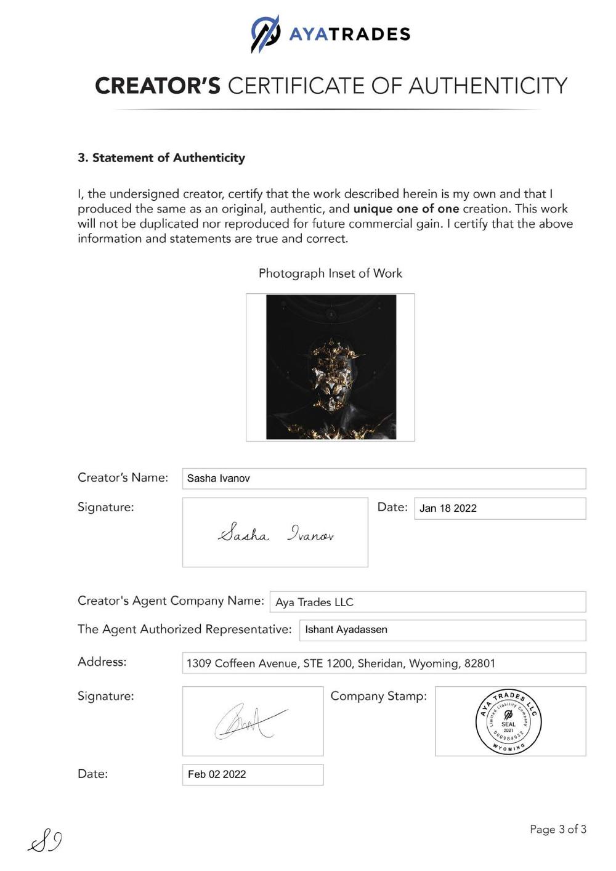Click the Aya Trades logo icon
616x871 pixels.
(265, 33)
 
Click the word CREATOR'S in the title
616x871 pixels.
(157, 86)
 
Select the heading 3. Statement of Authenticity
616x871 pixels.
(161, 158)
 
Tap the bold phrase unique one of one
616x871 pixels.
(406, 209)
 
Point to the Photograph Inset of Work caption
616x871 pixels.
(330, 273)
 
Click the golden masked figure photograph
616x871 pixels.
(331, 367)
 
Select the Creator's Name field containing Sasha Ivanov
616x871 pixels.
(384, 479)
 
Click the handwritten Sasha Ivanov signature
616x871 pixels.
(275, 533)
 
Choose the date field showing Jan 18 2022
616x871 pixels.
(500, 508)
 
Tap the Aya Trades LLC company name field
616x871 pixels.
(428, 602)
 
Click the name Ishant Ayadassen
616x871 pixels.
(346, 630)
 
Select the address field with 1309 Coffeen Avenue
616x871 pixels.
(384, 663)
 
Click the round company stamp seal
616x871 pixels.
(509, 722)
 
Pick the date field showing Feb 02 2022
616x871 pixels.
(253, 774)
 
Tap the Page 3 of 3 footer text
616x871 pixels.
(558, 829)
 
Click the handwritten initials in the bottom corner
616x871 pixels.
(45, 841)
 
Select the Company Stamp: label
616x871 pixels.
(378, 696)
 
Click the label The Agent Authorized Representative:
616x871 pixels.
(184, 629)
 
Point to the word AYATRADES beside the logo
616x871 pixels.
(349, 34)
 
